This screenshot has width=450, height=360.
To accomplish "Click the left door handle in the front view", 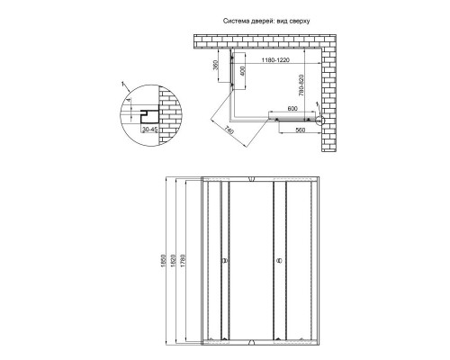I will coord(226,262).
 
